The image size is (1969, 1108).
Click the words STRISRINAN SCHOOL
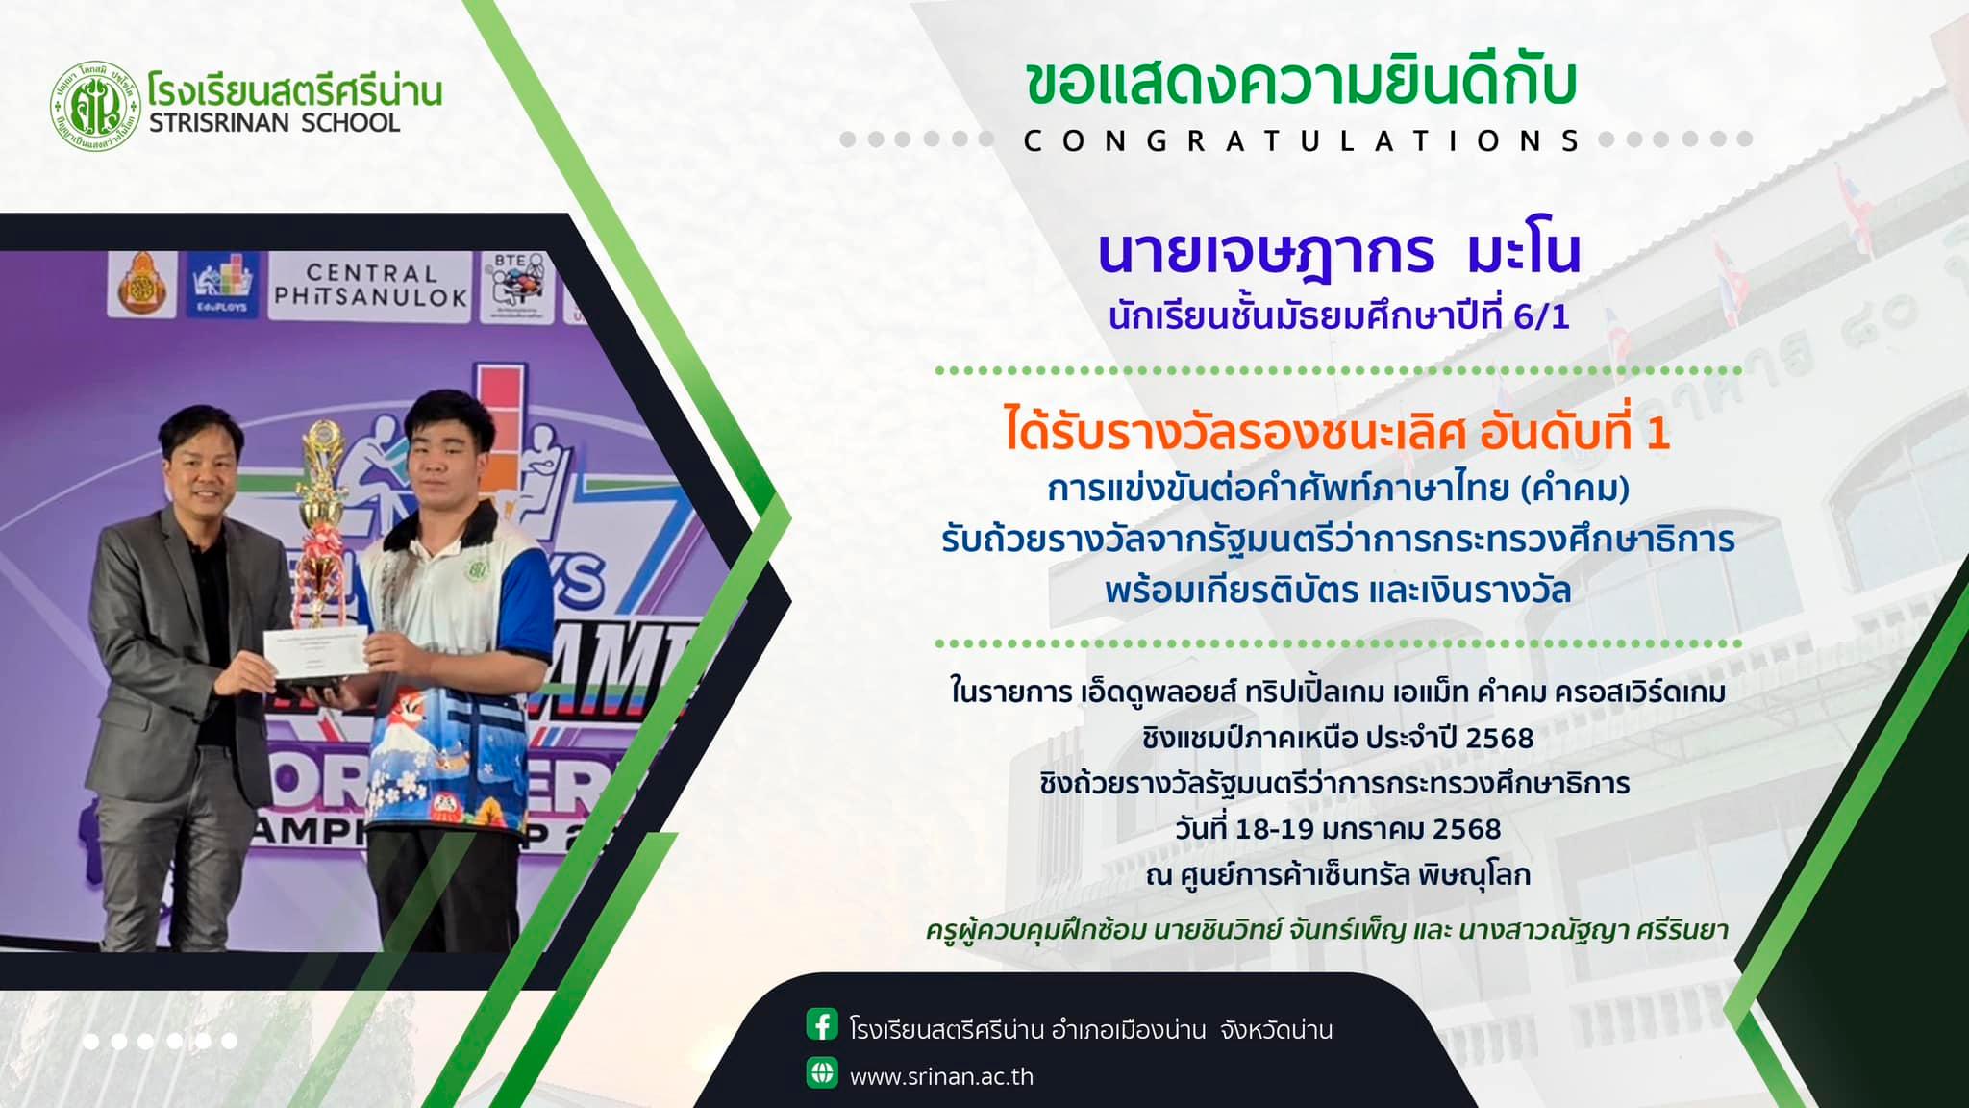tap(275, 123)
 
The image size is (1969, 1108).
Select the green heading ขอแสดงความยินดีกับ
tap(1301, 84)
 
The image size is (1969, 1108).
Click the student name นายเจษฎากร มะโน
tap(1339, 252)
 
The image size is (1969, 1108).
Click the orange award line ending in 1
tap(1337, 432)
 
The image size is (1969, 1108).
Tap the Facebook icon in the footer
tap(822, 1025)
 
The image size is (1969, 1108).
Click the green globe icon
tap(822, 1072)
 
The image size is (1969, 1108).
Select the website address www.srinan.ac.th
tap(941, 1076)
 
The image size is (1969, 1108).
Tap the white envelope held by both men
tap(316, 654)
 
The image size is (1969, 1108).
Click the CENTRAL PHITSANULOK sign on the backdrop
tap(370, 286)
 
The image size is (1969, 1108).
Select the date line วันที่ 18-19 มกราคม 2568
tap(1337, 829)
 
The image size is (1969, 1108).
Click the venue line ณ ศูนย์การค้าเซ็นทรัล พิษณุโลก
tap(1337, 875)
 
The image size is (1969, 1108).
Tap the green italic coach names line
tap(1327, 930)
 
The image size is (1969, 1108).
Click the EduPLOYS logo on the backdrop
tap(223, 285)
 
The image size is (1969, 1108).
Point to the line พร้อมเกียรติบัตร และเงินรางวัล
tap(1337, 590)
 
